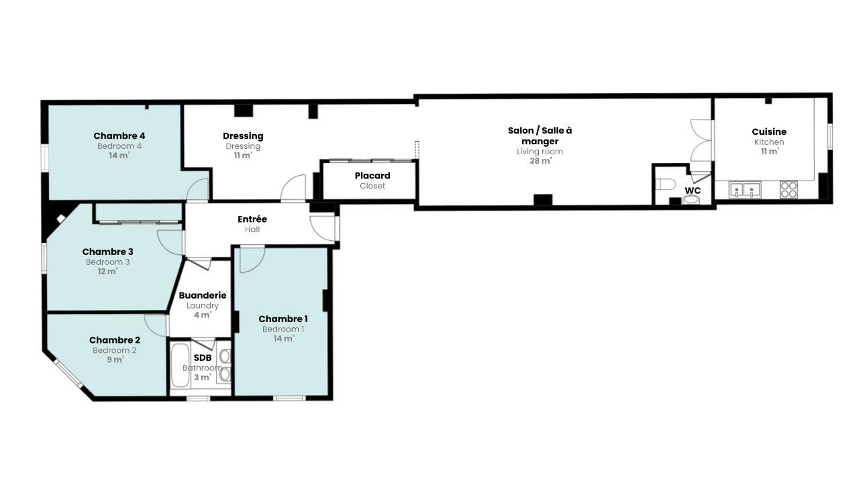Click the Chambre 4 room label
[x=119, y=136]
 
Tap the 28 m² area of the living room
[x=540, y=160]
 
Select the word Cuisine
[x=769, y=131]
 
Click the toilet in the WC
[x=665, y=184]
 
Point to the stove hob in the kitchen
[x=789, y=189]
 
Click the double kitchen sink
[x=745, y=190]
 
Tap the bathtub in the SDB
[x=179, y=366]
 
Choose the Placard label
[x=372, y=176]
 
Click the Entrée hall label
[x=252, y=219]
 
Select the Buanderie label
[x=203, y=295]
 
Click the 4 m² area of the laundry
[x=203, y=315]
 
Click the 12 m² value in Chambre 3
[x=107, y=271]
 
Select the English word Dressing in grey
[x=243, y=146]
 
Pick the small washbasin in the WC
[x=691, y=200]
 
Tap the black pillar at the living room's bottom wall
[x=543, y=200]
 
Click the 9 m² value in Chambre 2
[x=115, y=360]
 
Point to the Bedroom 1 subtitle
[x=283, y=329]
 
